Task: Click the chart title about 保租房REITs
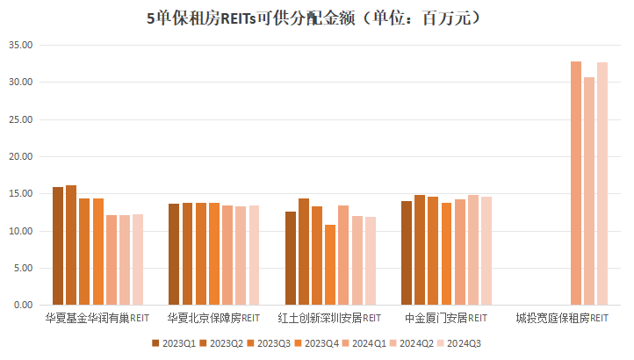pos(316,18)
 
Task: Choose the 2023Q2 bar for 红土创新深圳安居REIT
pos(304,252)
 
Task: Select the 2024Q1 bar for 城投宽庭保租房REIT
pos(576,184)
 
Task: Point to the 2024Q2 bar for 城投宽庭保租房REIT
pos(589,191)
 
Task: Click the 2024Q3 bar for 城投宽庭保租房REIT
pos(602,184)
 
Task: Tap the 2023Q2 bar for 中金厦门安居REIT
pos(420,250)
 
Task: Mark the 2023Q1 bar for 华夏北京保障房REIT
pos(174,255)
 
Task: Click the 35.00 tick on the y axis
pos(20,46)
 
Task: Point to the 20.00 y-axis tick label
pos(20,157)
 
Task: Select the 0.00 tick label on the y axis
pos(23,306)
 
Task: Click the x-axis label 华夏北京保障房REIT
pos(213,317)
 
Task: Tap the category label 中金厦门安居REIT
pos(446,317)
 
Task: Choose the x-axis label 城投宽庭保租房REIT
pos(562,317)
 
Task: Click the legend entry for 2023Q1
pos(175,343)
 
